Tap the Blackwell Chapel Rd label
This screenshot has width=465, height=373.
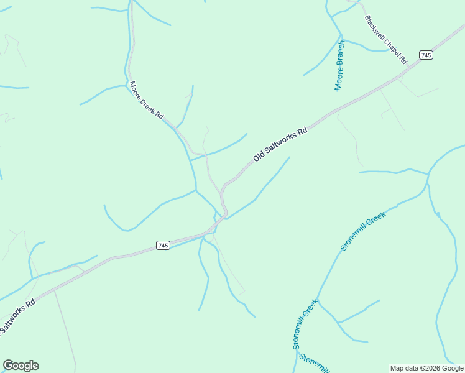click(x=385, y=40)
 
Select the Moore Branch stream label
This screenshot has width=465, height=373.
click(x=339, y=66)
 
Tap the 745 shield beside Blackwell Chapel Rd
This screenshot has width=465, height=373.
click(x=426, y=55)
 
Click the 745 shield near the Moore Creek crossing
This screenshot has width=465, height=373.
click(x=163, y=246)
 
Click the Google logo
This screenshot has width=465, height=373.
click(x=21, y=366)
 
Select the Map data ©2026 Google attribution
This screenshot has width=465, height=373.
click(x=427, y=368)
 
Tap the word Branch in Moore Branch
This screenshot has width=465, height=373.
click(x=340, y=54)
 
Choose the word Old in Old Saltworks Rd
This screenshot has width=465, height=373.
click(x=259, y=158)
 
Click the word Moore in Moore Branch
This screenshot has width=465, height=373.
click(x=339, y=80)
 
